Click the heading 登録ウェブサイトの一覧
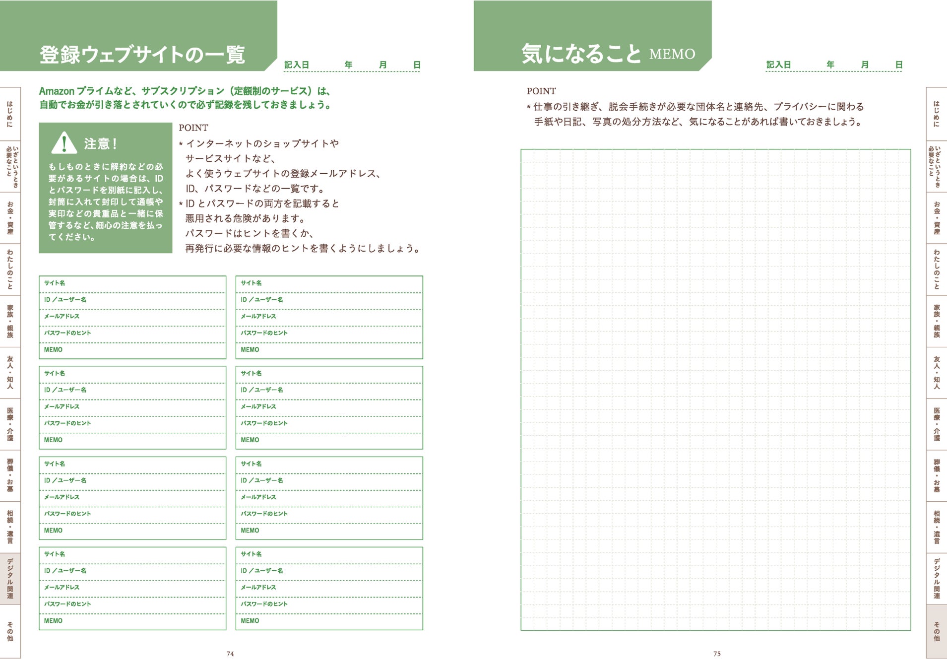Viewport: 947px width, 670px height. tap(142, 55)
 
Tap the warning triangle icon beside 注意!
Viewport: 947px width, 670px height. tap(64, 143)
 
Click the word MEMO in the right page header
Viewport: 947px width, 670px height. tap(672, 54)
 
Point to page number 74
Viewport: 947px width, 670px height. tap(230, 654)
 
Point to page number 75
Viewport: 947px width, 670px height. tap(717, 654)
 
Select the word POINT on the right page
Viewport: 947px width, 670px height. tap(541, 91)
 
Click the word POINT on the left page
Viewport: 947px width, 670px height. tap(193, 128)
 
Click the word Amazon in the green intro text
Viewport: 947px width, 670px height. tap(57, 91)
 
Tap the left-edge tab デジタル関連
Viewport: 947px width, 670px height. tap(10, 579)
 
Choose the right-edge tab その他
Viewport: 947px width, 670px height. tap(937, 631)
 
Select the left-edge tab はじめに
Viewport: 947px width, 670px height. tap(10, 114)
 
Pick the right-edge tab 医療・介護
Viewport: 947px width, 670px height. tap(937, 424)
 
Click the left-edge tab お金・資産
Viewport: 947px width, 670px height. tap(10, 218)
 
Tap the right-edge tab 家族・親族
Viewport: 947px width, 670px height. tap(937, 321)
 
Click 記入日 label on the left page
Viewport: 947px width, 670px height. tap(297, 65)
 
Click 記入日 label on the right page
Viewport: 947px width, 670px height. tap(778, 65)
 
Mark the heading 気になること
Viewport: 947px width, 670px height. tap(581, 54)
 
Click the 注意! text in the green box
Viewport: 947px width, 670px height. tap(101, 144)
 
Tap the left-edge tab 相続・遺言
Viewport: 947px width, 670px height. tap(10, 527)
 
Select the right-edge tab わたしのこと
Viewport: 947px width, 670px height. tap(937, 269)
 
